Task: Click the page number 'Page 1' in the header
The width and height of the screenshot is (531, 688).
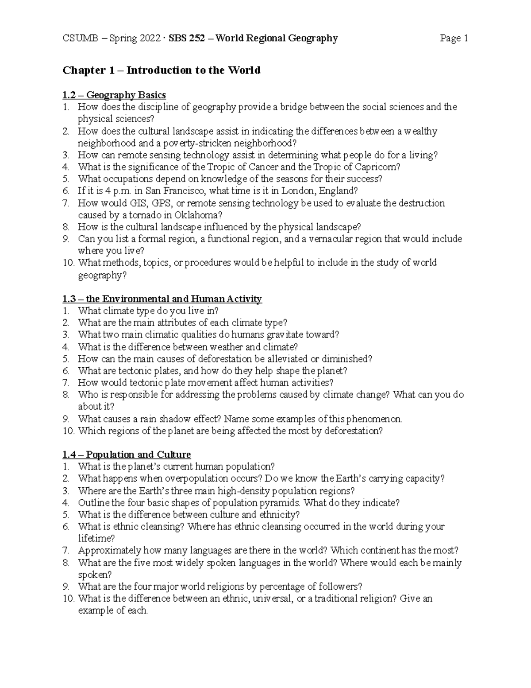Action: pyautogui.click(x=454, y=39)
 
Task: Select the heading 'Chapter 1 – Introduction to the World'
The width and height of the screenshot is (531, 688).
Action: pyautogui.click(x=162, y=70)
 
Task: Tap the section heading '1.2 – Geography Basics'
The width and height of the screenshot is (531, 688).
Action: pyautogui.click(x=114, y=95)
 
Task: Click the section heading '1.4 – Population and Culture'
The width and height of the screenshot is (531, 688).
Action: pyautogui.click(x=127, y=455)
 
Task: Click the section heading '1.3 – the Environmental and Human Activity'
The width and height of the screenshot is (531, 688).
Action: pyautogui.click(x=162, y=299)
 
